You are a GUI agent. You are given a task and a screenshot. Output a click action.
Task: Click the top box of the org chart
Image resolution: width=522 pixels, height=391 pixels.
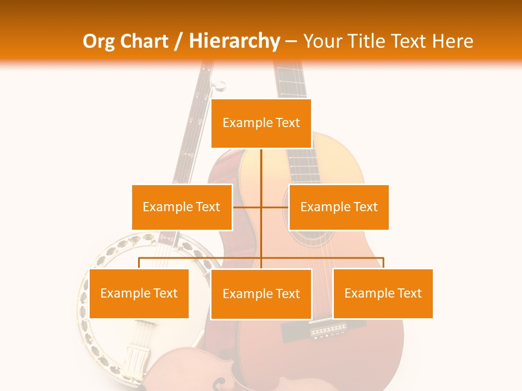[x=261, y=123]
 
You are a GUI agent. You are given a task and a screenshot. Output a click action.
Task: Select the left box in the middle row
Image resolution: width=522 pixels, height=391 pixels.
[x=182, y=207]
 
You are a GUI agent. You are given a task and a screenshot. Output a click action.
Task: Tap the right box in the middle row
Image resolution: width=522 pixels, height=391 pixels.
[x=339, y=207]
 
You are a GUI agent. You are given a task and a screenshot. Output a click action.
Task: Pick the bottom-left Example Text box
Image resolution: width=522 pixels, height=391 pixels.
[x=139, y=293]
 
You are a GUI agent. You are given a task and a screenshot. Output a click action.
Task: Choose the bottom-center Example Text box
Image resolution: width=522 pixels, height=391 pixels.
[x=261, y=294]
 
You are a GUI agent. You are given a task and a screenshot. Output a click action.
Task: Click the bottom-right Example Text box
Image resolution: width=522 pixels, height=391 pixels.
[x=383, y=293]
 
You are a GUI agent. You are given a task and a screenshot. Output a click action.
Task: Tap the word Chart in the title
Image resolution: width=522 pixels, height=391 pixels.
[x=145, y=41]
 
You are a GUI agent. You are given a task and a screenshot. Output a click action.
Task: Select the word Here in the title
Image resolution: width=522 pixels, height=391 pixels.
[x=452, y=41]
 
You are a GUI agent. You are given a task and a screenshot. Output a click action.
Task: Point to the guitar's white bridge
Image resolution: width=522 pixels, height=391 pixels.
[x=328, y=330]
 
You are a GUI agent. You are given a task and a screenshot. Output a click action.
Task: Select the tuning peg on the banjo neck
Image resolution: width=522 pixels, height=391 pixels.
[x=218, y=85]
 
